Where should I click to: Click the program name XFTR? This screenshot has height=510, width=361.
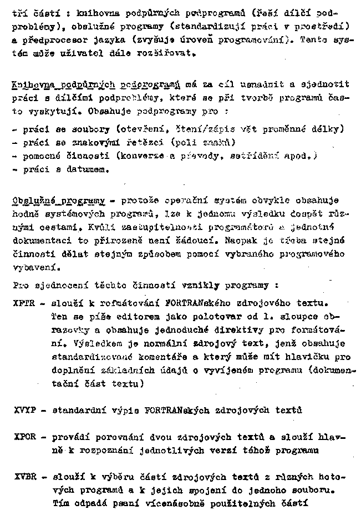click(22, 304)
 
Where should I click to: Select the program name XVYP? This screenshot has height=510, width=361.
click(22, 412)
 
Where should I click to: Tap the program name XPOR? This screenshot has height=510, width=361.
click(22, 438)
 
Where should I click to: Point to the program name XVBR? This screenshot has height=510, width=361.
click(22, 477)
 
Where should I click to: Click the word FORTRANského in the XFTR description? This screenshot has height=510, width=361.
click(195, 304)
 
